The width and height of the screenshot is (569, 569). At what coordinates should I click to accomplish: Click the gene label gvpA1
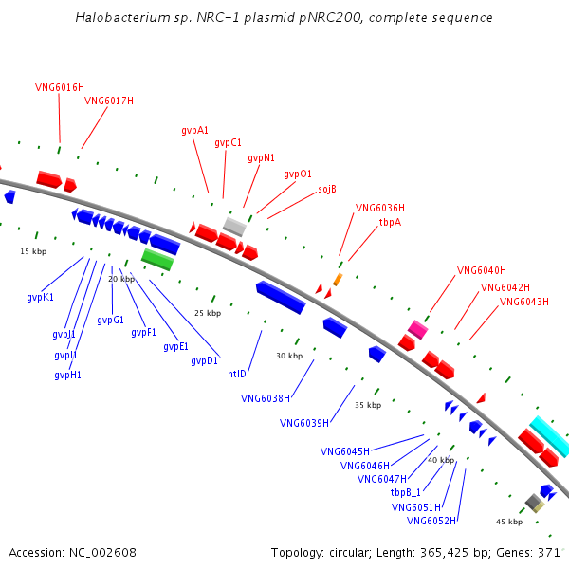click(194, 131)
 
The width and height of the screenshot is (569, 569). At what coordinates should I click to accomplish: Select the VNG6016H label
click(60, 87)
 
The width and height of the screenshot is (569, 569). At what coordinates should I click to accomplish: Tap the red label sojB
click(327, 189)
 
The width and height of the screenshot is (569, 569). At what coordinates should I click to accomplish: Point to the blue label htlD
click(237, 374)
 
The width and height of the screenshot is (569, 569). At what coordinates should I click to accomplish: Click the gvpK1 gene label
click(40, 298)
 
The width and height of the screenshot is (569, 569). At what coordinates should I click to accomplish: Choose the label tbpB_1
click(405, 492)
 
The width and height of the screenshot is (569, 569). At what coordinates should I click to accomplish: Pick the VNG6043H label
click(524, 302)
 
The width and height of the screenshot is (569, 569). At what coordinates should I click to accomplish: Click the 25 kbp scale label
click(208, 313)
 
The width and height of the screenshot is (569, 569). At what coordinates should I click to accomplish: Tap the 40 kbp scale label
click(441, 460)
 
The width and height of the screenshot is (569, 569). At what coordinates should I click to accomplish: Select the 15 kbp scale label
click(33, 251)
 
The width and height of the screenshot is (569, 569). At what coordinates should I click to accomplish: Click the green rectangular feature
click(157, 259)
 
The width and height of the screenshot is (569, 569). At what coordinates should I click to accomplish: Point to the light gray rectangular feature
click(234, 227)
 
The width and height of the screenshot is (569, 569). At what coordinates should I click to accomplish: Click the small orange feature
click(338, 280)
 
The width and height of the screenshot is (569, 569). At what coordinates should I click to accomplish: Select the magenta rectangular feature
click(417, 329)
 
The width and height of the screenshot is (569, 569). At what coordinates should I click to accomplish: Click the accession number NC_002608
click(102, 553)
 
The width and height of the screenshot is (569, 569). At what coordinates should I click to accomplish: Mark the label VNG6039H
click(304, 424)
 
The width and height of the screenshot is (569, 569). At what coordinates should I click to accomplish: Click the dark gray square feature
click(533, 502)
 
